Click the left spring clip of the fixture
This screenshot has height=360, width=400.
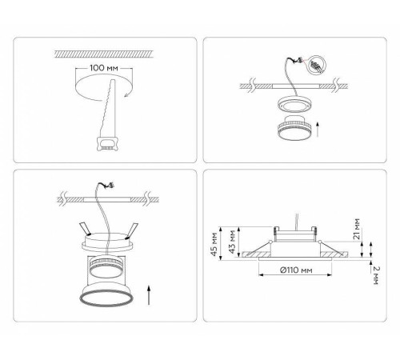[x=84, y=226]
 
